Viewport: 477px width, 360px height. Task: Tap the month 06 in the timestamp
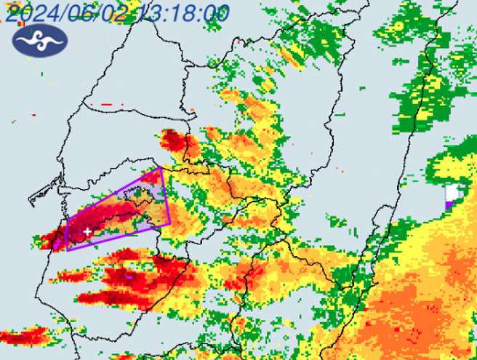click(84, 12)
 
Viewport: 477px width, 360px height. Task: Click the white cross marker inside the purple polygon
click(88, 231)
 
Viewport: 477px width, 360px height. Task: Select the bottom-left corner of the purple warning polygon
click(68, 250)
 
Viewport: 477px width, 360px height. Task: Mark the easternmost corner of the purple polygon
click(170, 224)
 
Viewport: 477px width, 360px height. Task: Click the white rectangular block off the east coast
click(453, 193)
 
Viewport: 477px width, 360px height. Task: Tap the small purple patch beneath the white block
click(450, 205)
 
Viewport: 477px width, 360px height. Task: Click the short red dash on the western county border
click(106, 105)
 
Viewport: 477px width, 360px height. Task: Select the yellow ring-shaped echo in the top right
click(398, 26)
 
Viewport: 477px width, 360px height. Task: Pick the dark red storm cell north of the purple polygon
click(175, 142)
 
